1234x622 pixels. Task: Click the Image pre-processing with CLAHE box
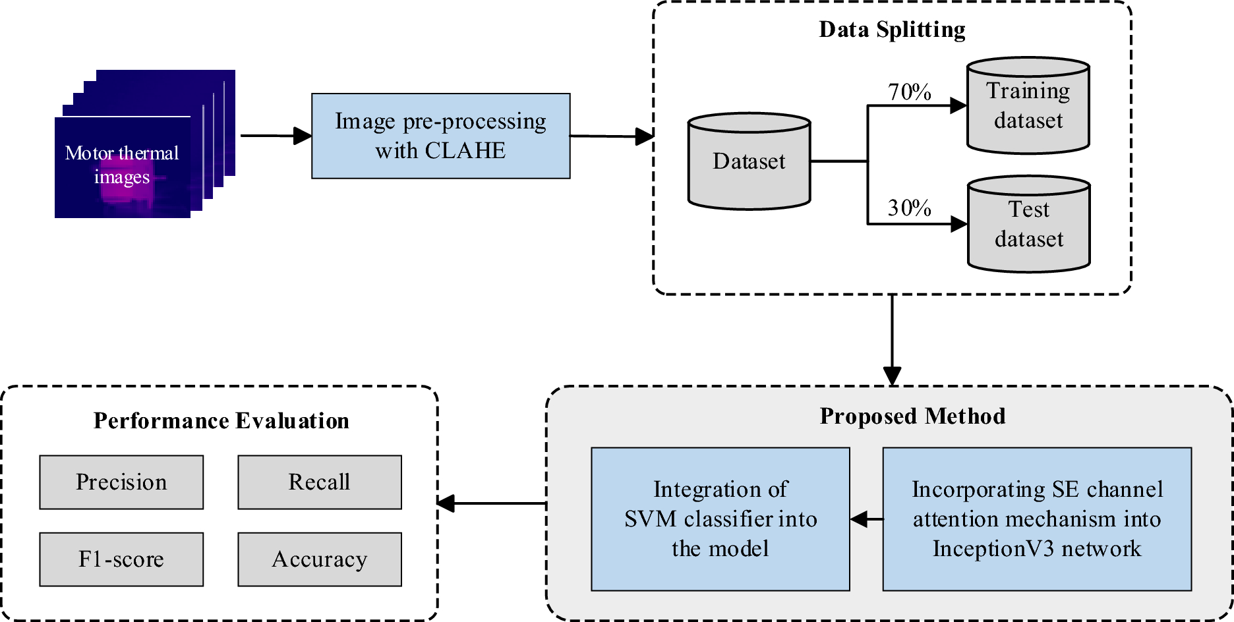point(440,136)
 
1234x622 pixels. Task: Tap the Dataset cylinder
point(749,161)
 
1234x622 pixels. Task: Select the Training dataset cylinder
point(1028,105)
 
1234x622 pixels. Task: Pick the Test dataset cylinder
point(1028,224)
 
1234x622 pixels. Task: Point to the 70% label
point(909,92)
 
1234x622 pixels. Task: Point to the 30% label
point(909,208)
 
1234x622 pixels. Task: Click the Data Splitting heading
point(892,30)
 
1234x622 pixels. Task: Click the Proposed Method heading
point(912,416)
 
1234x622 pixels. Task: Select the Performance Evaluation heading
point(221,420)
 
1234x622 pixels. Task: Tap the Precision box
point(121,482)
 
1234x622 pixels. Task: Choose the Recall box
point(320,482)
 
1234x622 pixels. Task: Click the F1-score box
point(121,559)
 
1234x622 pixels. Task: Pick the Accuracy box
point(320,559)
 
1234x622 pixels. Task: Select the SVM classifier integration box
point(720,519)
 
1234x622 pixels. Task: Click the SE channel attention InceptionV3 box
point(1037,519)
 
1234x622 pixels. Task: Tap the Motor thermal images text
point(122,165)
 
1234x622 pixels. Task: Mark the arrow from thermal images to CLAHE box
point(276,136)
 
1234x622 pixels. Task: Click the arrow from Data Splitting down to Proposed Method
point(892,340)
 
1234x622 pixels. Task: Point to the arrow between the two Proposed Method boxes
point(867,519)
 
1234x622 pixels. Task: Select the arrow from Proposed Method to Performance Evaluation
point(492,503)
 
